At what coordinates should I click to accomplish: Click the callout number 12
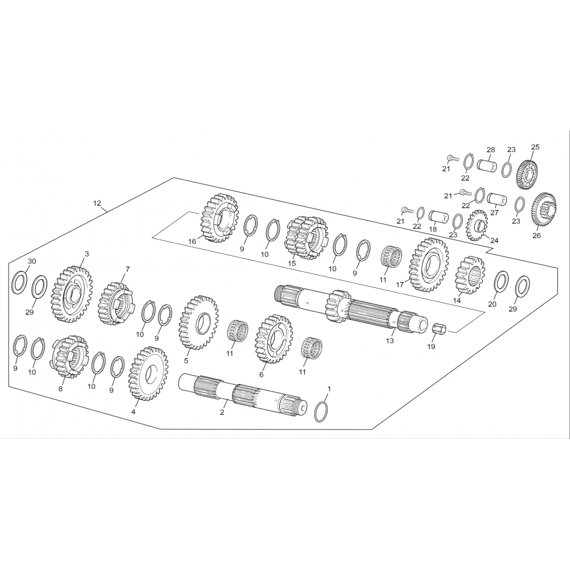[x=97, y=203]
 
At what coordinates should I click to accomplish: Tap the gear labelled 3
[x=72, y=295]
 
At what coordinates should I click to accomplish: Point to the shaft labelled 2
[x=243, y=397]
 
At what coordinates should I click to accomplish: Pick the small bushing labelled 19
[x=438, y=329]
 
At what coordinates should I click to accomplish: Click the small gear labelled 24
[x=477, y=225]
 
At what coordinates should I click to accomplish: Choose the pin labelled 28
[x=487, y=166]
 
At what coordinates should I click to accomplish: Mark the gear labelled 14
[x=470, y=275]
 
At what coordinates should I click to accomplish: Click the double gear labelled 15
[x=306, y=238]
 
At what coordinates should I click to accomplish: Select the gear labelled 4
[x=148, y=373]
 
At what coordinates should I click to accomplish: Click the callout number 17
[x=400, y=284]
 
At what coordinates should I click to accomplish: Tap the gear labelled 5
[x=198, y=322]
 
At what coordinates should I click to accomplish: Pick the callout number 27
[x=494, y=213]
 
